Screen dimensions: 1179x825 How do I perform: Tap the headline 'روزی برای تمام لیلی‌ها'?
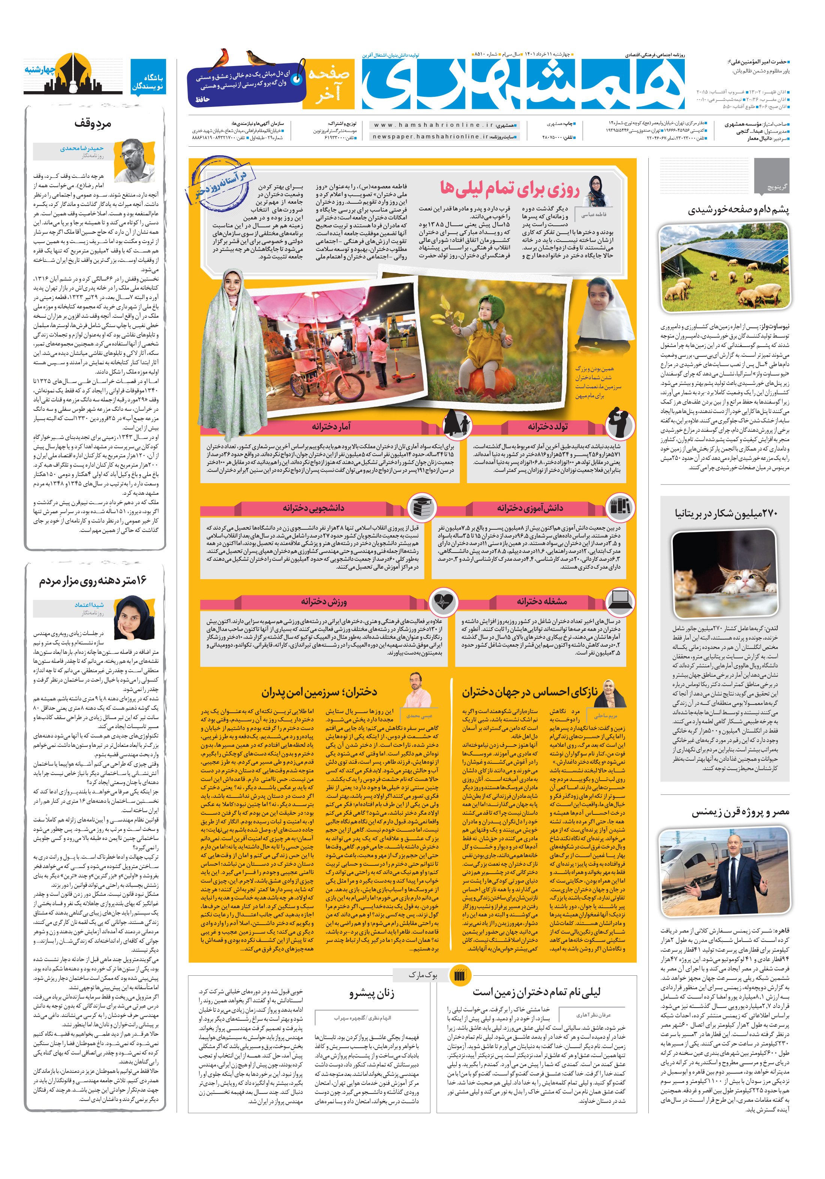tap(509, 189)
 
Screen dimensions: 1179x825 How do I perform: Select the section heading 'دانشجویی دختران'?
tap(313, 508)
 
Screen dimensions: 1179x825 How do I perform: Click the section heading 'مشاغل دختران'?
tap(541, 601)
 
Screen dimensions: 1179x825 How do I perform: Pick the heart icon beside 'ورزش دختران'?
tap(444, 601)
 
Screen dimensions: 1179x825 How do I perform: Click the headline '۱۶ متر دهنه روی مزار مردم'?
tap(93, 581)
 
